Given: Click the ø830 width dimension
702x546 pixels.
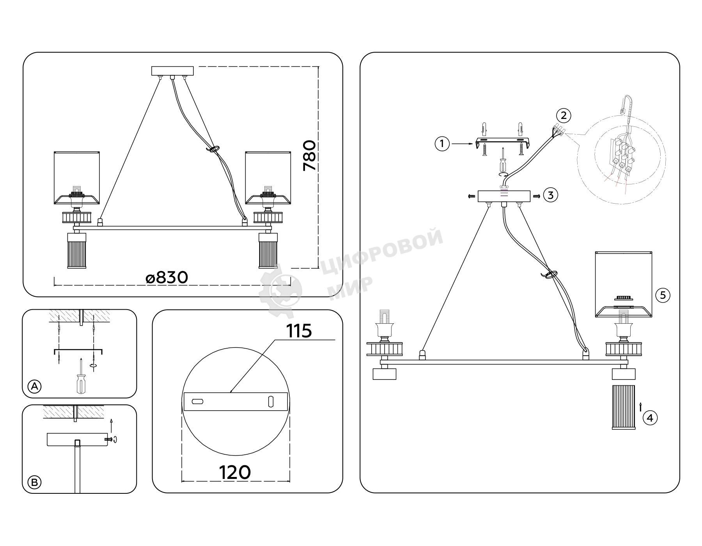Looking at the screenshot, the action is [167, 278].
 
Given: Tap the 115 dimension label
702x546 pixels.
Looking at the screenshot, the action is [299, 331].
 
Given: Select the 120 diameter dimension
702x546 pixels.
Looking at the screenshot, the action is [235, 472].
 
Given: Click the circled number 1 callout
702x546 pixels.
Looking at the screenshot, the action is [442, 144].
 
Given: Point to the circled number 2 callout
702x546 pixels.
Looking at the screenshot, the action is [564, 115].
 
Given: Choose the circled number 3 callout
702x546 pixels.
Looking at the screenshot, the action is [550, 195].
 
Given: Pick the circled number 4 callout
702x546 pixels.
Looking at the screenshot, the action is [650, 418].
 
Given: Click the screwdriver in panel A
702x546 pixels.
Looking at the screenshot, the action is [81, 376].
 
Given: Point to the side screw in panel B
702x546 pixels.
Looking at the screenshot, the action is [110, 439].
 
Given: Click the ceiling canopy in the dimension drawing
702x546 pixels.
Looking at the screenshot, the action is [172, 71].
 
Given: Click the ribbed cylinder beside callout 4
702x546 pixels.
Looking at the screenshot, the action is [624, 407].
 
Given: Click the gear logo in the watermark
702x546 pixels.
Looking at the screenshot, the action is [280, 291].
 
